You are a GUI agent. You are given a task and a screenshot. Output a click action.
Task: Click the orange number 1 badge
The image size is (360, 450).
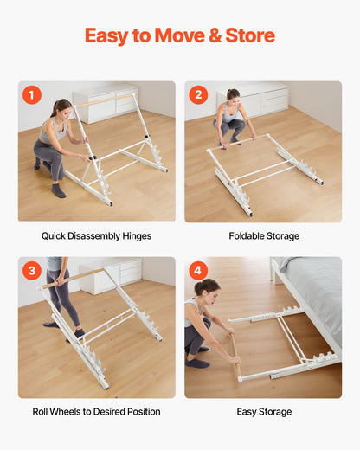coord(32,95)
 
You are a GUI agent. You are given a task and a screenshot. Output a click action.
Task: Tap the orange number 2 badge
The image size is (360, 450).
coord(198,95)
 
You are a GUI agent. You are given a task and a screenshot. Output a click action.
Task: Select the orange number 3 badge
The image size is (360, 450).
coord(32,271)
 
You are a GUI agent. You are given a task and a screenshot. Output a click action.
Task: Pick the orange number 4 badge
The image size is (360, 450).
coord(198,271)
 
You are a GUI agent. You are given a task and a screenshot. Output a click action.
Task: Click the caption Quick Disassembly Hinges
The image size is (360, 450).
coord(96,235)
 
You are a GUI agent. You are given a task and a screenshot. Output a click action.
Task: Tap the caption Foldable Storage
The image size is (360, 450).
coord(263,235)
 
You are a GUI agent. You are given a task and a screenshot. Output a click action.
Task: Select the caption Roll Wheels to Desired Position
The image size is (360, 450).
coord(96,411)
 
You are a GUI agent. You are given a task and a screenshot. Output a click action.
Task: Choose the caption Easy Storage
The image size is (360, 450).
coord(263,411)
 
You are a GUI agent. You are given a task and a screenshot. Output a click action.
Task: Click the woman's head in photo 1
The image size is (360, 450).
coord(60,107)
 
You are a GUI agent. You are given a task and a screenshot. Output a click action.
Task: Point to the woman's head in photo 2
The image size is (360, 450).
coord(233,94)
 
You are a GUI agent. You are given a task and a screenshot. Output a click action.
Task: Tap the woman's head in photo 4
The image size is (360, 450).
coord(202,287)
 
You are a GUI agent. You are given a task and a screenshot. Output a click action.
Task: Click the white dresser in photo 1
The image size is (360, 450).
coord(106,103)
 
